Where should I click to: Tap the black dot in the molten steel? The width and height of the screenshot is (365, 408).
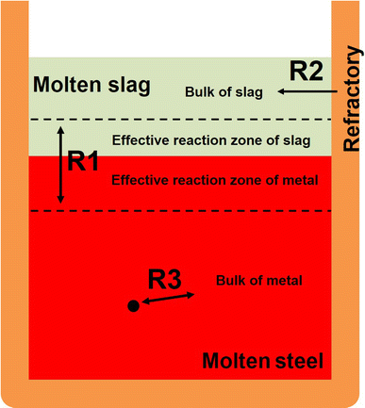134,305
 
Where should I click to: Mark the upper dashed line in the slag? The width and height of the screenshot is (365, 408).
189,120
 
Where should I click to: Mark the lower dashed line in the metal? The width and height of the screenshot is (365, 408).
189,210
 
